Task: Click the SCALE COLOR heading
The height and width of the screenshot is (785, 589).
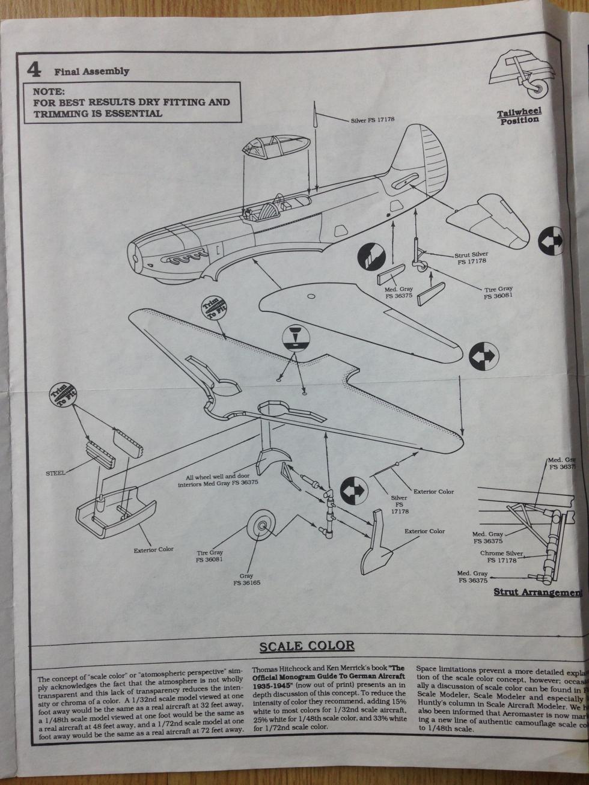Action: [x=307, y=646]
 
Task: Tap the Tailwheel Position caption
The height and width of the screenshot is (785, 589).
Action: [x=519, y=116]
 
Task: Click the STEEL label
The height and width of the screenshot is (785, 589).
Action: [x=55, y=473]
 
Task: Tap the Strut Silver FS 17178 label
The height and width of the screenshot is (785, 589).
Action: [x=471, y=258]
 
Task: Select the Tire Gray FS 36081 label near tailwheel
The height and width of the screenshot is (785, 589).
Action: [x=498, y=293]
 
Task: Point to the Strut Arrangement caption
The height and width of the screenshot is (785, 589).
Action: [x=539, y=592]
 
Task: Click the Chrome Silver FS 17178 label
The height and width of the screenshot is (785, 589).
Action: [x=502, y=557]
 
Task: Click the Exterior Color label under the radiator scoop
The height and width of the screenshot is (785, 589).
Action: [x=154, y=549]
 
